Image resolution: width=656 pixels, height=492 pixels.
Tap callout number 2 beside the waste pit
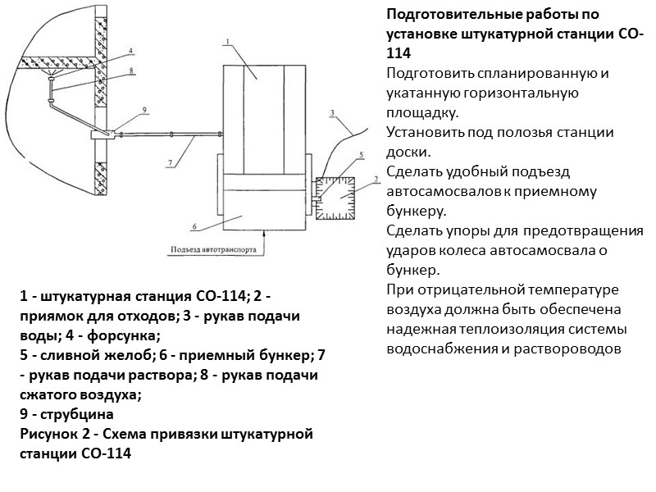coord(374,178)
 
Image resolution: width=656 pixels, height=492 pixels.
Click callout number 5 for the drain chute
coord(361,155)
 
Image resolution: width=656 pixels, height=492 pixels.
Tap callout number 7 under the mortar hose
coord(170,162)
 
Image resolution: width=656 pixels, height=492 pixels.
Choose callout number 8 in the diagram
coord(130,71)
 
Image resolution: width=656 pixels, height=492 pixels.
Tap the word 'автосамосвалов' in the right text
coord(439,192)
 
